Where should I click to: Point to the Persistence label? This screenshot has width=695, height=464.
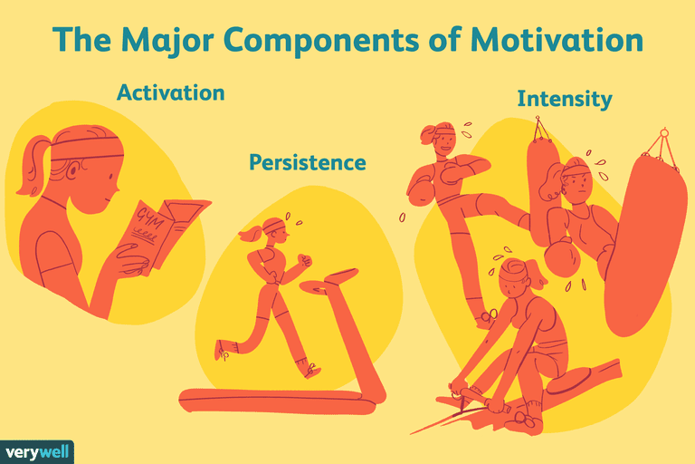[x=308, y=163]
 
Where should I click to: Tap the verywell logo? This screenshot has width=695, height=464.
[x=36, y=451]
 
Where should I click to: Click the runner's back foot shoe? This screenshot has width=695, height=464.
[x=223, y=350]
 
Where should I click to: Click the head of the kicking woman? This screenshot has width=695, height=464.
[x=439, y=136]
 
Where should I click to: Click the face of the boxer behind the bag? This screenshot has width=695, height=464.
[x=576, y=186]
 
